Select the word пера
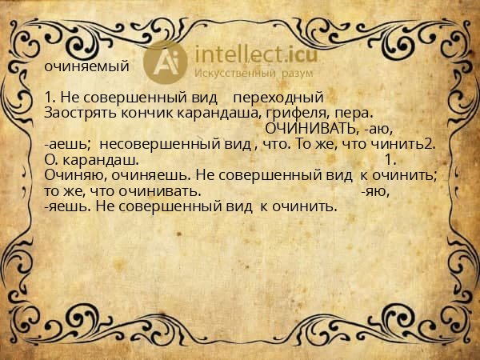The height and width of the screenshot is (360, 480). coord(355,114)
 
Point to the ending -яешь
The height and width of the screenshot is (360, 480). coord(70,206)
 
